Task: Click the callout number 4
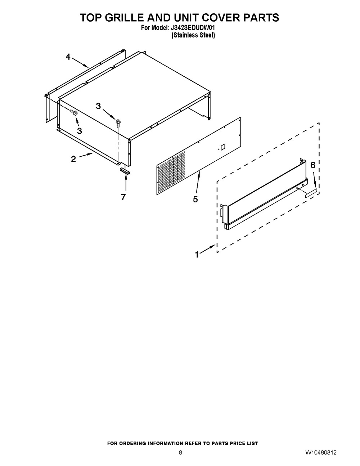68,57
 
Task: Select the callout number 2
73,159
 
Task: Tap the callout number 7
123,197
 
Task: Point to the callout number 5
195,199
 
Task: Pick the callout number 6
312,165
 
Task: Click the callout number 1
197,255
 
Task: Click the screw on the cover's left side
75,113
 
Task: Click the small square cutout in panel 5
222,147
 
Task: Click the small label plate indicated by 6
311,193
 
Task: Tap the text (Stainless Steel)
193,35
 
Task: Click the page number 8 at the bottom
180,453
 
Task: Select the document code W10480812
321,453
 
